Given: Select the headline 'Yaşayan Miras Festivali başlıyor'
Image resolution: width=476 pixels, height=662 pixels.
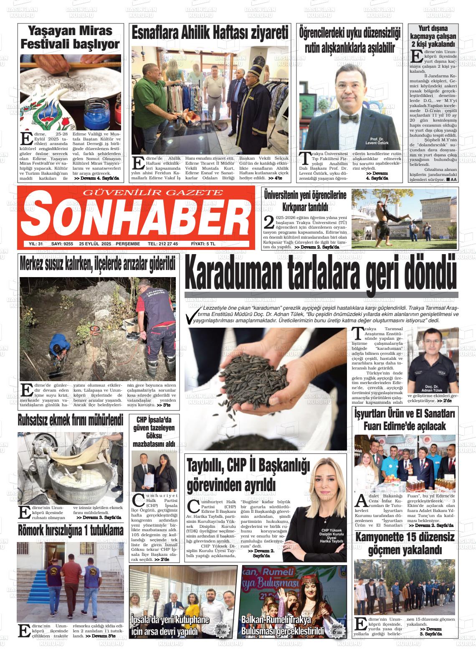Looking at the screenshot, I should click(70, 37).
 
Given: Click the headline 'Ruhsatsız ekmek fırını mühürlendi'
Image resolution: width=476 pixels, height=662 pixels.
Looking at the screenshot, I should click(70, 420).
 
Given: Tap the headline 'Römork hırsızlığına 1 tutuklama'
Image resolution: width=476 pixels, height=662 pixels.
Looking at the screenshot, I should click(71, 530).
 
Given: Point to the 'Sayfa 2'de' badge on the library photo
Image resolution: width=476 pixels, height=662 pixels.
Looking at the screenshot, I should click(221, 629).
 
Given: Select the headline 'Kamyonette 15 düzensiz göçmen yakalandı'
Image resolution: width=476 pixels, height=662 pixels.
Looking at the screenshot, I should click(405, 543).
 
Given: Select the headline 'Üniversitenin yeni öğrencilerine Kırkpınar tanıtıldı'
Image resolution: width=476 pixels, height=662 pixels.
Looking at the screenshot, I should click(305, 201).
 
